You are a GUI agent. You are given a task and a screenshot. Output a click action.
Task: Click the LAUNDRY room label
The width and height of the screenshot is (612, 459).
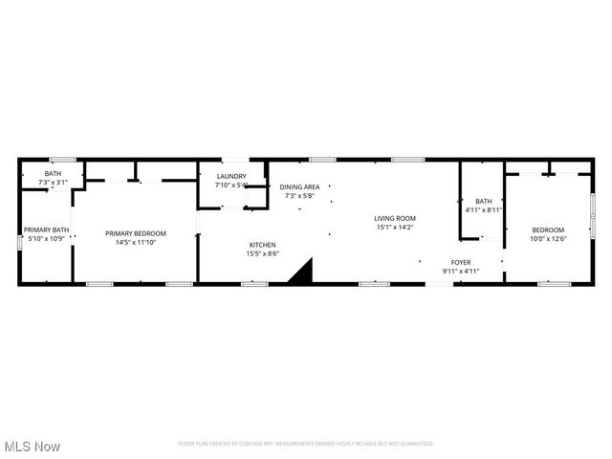(x=231, y=176)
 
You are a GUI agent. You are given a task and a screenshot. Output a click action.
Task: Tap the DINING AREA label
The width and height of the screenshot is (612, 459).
(x=299, y=186)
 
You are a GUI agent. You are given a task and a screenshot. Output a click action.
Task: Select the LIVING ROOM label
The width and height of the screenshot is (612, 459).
(x=394, y=218)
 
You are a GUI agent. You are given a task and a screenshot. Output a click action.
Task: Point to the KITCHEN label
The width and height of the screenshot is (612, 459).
(x=262, y=245)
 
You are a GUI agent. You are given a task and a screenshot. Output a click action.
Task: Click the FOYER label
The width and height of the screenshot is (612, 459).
(x=461, y=261)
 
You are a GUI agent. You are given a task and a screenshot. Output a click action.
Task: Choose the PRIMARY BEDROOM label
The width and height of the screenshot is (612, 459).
(x=136, y=233)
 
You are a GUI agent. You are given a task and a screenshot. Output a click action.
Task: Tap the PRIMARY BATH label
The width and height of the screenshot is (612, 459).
(x=47, y=229)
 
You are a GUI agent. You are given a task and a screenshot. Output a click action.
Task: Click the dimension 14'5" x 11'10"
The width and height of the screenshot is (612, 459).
(x=136, y=242)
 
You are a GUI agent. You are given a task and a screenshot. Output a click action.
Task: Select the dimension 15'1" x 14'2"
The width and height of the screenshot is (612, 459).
(x=394, y=228)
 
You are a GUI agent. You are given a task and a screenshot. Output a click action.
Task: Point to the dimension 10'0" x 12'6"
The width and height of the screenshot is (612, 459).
(x=548, y=238)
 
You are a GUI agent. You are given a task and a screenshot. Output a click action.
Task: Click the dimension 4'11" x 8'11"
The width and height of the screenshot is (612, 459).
(x=484, y=209)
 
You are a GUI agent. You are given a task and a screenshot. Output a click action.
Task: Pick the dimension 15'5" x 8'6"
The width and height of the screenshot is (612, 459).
(x=262, y=253)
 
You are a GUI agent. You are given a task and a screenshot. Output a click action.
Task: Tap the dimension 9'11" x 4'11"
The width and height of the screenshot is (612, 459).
(x=461, y=271)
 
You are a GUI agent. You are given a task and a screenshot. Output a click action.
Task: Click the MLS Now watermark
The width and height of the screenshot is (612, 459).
(x=32, y=447)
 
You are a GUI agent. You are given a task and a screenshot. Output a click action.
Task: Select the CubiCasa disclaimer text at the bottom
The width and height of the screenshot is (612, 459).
(x=306, y=444)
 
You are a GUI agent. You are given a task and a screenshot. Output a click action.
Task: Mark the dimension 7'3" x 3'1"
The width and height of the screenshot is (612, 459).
(x=53, y=182)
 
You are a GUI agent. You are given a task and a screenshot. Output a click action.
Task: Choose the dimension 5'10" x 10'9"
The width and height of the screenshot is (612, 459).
(x=46, y=239)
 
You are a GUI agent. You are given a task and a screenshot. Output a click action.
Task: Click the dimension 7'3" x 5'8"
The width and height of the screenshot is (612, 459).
(x=299, y=196)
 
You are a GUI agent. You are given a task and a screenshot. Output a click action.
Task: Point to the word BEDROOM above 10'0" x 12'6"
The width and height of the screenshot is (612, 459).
(x=548, y=229)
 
